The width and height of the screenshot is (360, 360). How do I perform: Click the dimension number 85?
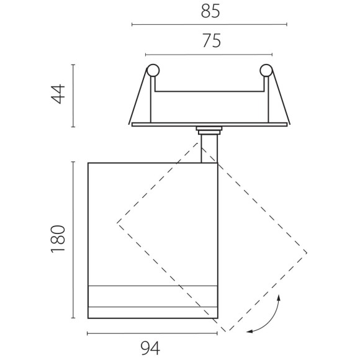(210, 11)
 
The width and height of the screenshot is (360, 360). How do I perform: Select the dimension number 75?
(212, 41)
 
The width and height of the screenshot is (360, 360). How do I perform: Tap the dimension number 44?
(58, 94)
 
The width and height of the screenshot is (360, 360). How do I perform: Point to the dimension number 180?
(58, 239)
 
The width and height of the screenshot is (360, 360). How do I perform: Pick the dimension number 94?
(150, 348)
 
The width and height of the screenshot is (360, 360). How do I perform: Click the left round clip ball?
(153, 70)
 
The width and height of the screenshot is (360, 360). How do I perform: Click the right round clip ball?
(266, 70)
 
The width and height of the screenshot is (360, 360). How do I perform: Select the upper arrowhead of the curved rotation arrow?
(279, 298)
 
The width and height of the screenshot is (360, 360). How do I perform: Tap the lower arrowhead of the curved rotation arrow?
(250, 331)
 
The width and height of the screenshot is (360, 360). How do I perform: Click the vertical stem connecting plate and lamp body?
(209, 149)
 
